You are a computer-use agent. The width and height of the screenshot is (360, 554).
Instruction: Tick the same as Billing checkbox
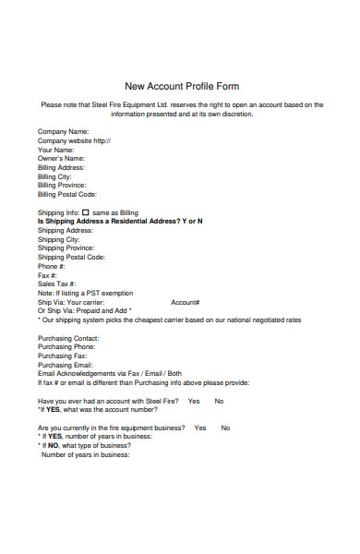coord(85,212)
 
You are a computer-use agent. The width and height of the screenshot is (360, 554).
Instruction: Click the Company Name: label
coord(63,131)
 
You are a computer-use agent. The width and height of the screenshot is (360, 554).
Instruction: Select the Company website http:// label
coord(74,140)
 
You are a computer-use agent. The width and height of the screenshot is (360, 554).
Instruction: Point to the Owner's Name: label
coord(61,159)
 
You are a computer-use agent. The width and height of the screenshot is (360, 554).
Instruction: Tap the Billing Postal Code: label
coord(67,195)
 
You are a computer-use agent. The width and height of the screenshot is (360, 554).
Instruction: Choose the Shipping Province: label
coord(66,248)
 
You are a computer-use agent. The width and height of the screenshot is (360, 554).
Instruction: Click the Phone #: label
coord(51,266)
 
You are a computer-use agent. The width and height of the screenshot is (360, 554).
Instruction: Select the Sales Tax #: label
coord(57,284)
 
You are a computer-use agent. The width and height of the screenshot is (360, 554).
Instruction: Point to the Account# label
coord(186,302)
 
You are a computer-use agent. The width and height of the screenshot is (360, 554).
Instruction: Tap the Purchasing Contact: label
coord(67,338)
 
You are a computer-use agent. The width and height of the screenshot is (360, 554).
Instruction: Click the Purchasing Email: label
coord(64,365)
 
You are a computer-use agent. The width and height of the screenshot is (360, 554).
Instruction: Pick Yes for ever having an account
coord(194,402)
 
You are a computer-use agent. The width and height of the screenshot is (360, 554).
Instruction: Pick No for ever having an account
coord(219,402)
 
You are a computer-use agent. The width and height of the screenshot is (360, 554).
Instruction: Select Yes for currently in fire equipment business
coord(200,428)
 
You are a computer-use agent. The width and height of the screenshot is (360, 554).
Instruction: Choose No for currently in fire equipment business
coord(225,428)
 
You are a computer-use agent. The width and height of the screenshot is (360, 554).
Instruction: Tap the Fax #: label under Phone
coord(48,275)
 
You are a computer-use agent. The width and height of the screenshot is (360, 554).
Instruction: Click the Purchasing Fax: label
coord(62,355)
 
